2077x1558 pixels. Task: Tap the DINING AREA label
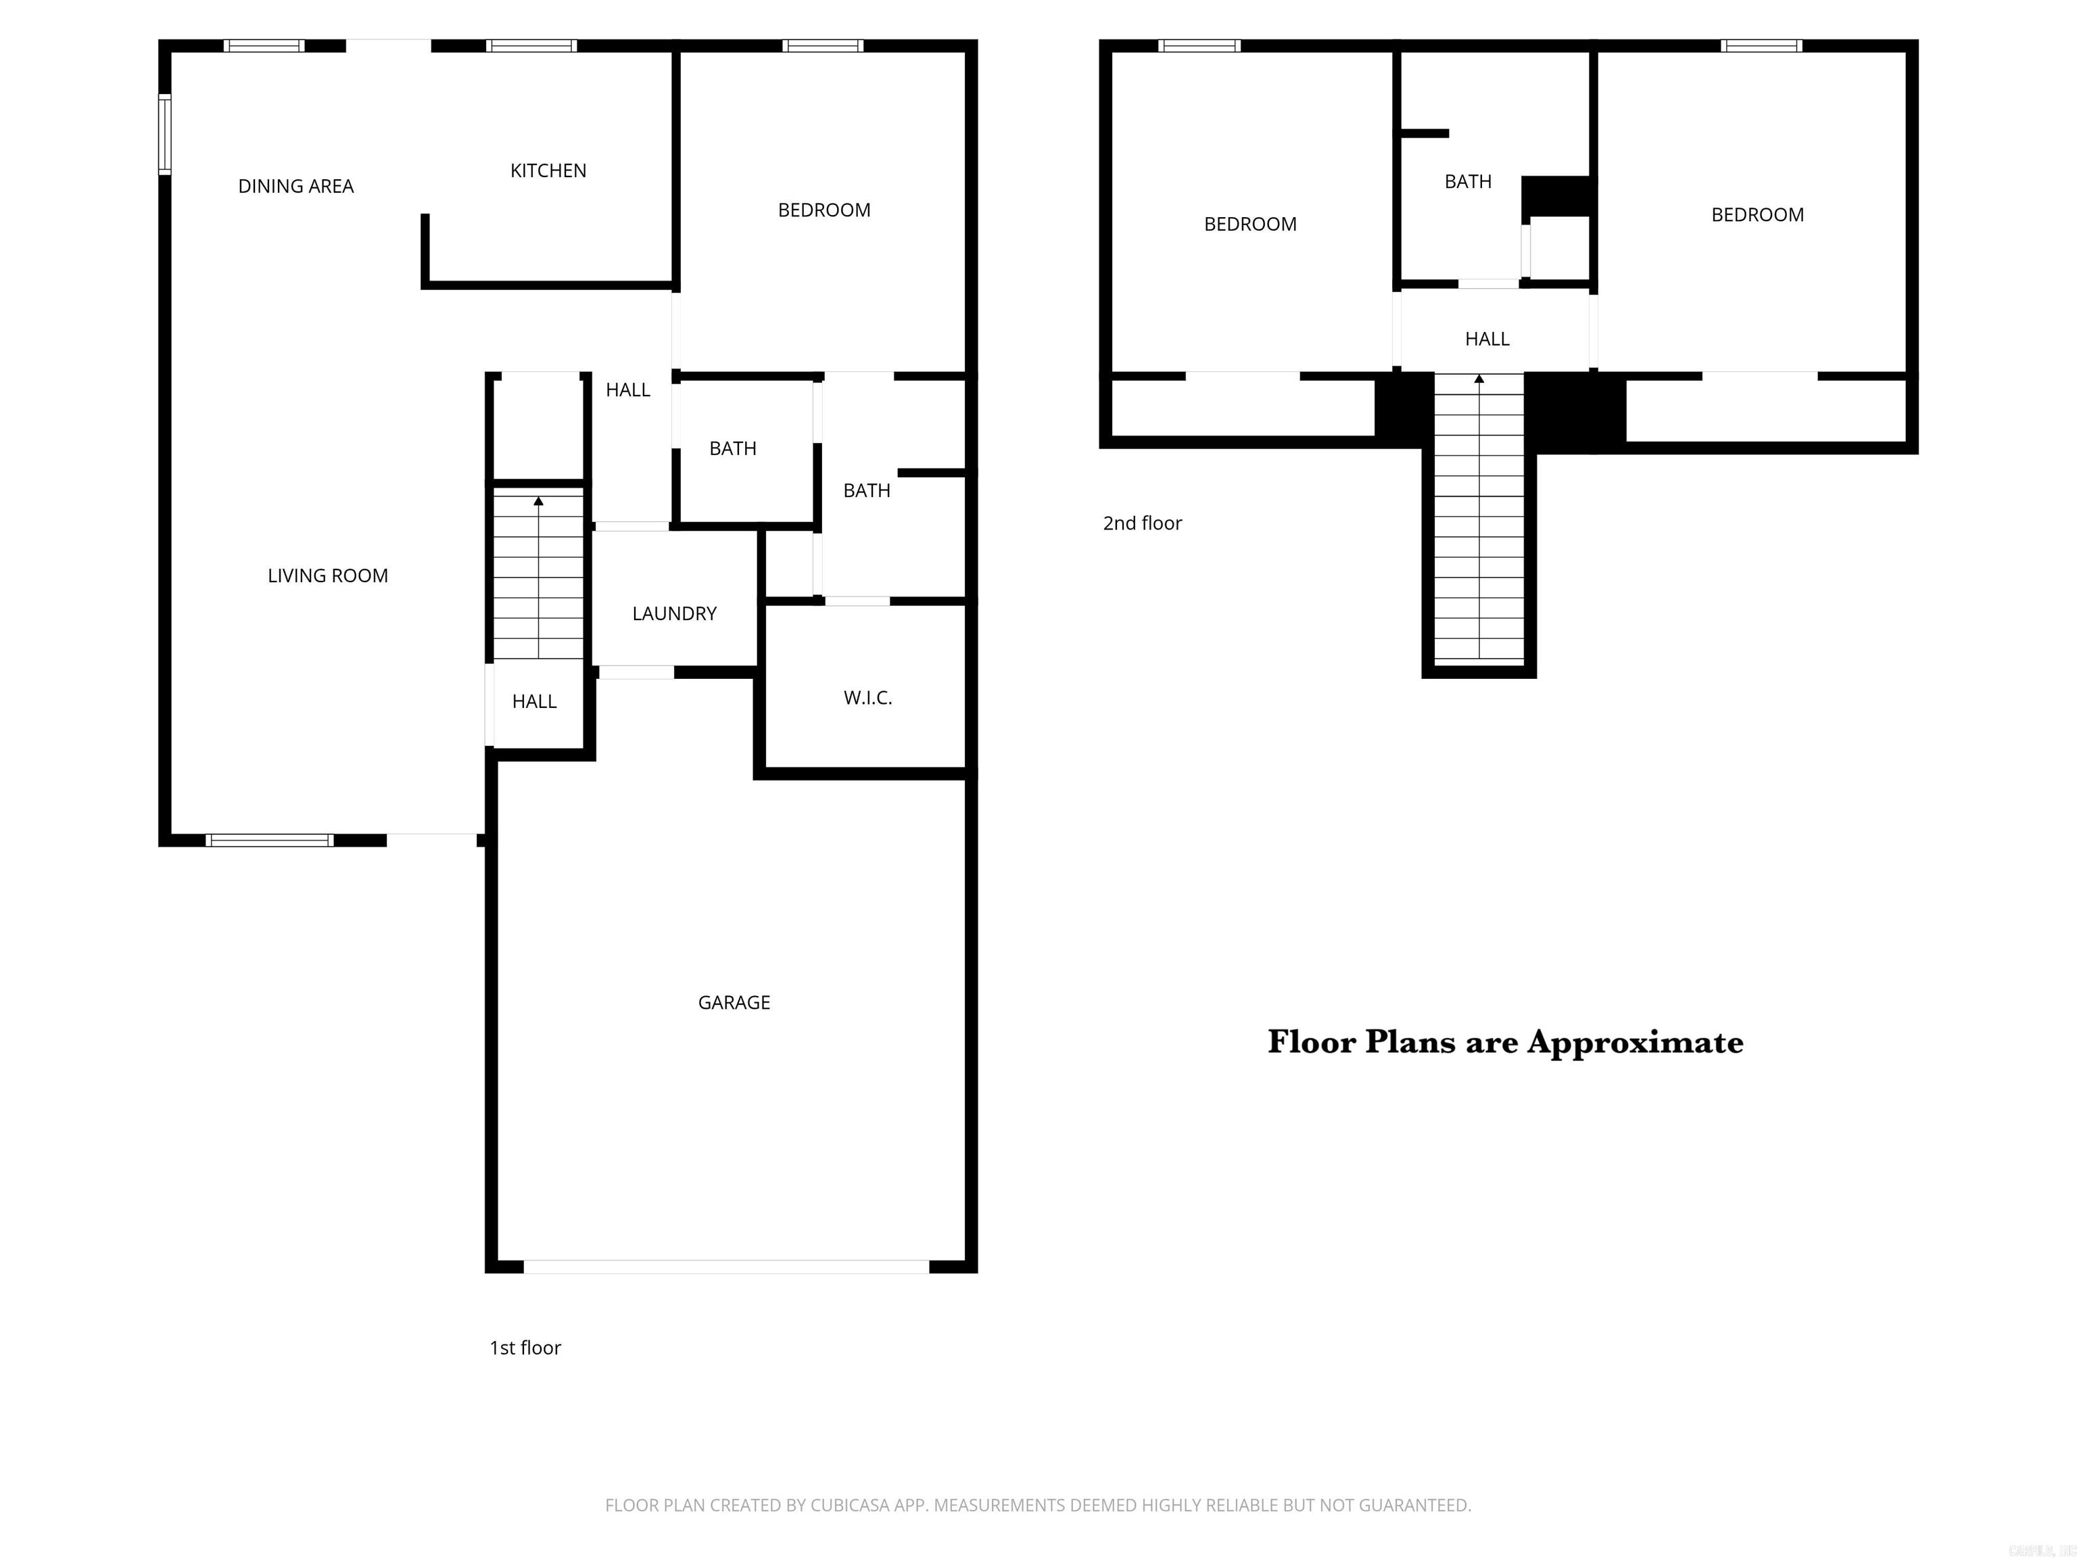click(x=295, y=187)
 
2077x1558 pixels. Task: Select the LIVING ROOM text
click(x=328, y=575)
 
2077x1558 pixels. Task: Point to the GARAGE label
click(x=734, y=1003)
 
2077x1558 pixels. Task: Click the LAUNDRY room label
click(x=674, y=614)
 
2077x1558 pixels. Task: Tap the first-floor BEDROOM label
click(x=823, y=210)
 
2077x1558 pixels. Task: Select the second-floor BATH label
click(x=1468, y=182)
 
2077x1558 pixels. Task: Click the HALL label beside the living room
click(x=534, y=701)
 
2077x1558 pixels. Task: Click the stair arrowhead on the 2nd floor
click(x=1479, y=379)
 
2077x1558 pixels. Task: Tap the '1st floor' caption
click(x=525, y=1348)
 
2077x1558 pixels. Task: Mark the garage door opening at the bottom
click(x=726, y=1267)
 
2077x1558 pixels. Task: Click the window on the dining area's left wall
click(x=164, y=135)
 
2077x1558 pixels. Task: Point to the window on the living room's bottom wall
click(x=270, y=840)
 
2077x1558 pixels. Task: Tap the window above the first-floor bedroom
click(x=823, y=45)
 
